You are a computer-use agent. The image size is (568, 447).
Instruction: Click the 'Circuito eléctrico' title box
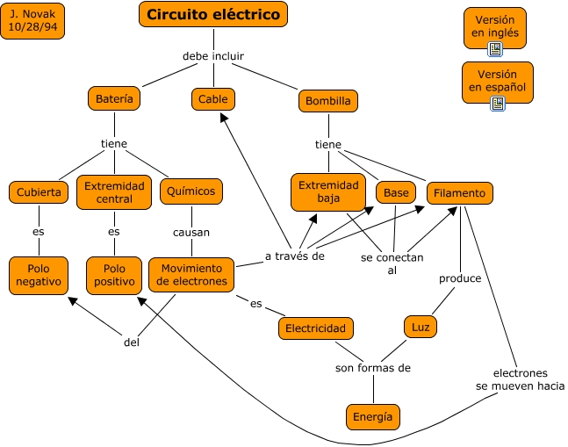(213, 14)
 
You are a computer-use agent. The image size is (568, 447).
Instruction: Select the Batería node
(114, 99)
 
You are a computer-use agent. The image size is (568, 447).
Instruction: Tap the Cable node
(212, 99)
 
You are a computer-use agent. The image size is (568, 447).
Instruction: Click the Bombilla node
(327, 101)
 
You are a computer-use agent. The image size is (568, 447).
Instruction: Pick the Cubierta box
(39, 191)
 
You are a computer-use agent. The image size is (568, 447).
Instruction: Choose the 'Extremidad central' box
(114, 192)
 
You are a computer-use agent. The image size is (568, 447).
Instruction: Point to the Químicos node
(191, 191)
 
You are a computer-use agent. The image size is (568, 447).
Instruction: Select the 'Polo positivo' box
(113, 275)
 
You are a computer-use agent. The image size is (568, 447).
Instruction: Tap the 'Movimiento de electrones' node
(191, 275)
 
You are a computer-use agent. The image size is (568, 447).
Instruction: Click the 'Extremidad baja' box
(328, 192)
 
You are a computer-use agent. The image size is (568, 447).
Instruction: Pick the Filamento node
(460, 192)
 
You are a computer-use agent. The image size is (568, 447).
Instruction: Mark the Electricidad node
(316, 328)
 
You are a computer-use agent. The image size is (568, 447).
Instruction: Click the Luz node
(421, 327)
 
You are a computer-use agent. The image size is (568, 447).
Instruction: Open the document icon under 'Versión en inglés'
(495, 49)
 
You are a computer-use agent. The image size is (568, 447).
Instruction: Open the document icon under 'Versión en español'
(498, 104)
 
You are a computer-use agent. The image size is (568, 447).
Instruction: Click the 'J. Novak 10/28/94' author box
(32, 21)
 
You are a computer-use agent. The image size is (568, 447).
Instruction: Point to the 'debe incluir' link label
(213, 56)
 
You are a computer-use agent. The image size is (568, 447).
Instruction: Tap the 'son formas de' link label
(373, 368)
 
